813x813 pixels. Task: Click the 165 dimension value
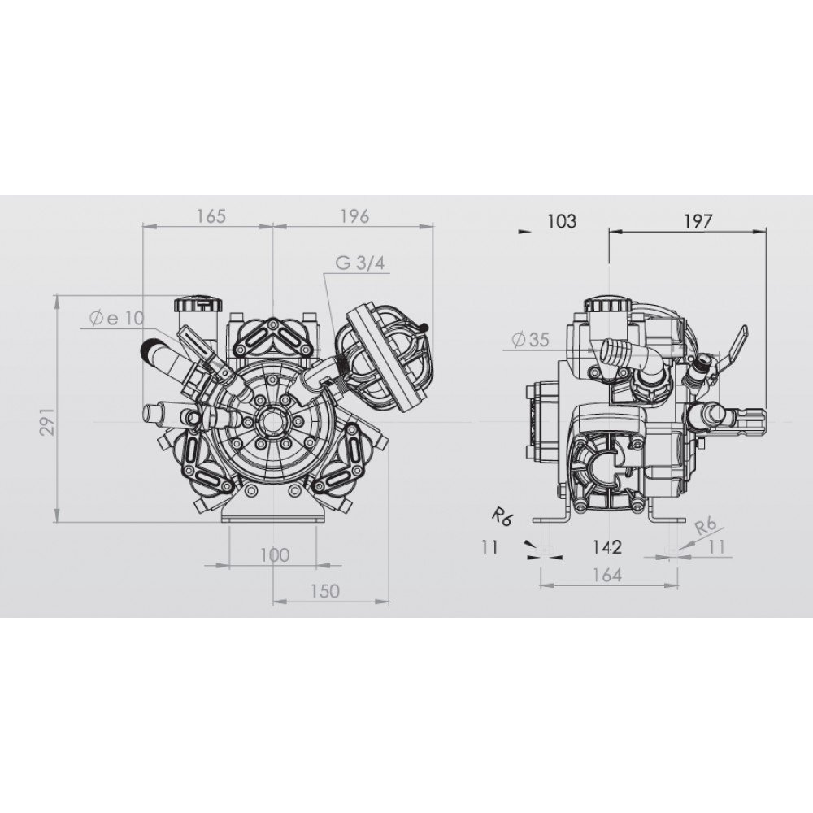click(212, 215)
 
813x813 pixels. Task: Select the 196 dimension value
click(354, 215)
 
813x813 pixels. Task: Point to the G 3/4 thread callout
click(360, 263)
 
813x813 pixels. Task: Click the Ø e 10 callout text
click(116, 318)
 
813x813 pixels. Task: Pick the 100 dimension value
click(274, 555)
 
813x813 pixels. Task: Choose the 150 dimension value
click(326, 591)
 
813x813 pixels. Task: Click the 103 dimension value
click(562, 221)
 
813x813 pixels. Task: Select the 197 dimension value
click(698, 221)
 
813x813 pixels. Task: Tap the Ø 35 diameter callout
click(530, 340)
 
